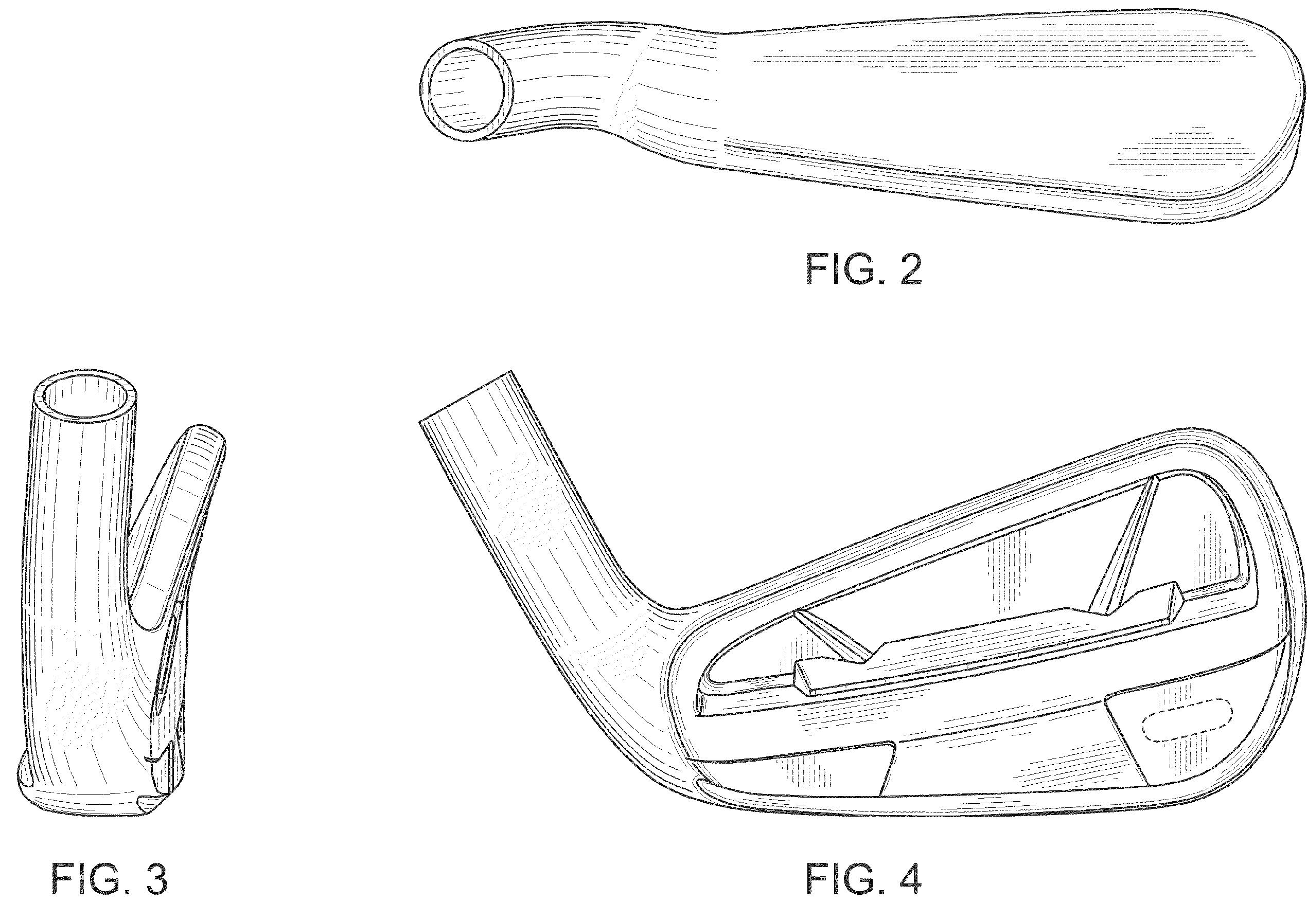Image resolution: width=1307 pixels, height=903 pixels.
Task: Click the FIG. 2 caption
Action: point(864,270)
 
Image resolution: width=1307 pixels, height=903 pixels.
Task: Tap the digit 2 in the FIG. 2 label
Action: point(909,270)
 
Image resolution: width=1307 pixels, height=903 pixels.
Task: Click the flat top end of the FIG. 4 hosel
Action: point(465,396)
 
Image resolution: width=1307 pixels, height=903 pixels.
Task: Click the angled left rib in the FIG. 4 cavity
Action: point(835,637)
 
